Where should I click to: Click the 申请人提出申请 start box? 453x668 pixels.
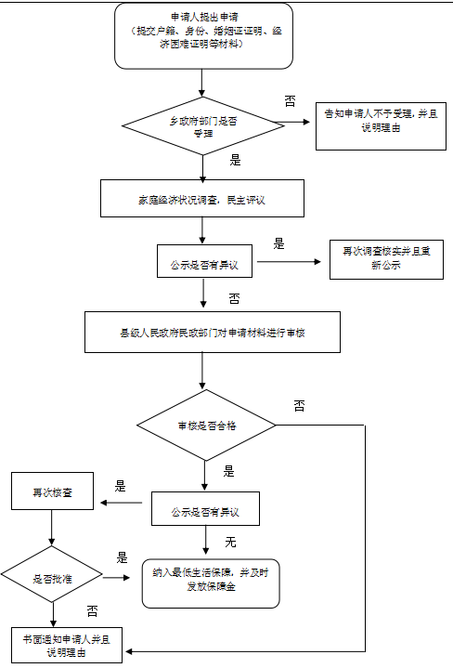coord(203,36)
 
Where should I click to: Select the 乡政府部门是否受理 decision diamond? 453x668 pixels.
coord(203,123)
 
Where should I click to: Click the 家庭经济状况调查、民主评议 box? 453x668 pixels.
coord(202,198)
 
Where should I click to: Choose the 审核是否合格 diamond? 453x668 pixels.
coord(206,426)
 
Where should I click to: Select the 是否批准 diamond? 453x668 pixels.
coord(51,578)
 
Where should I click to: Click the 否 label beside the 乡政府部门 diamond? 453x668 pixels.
coord(290,99)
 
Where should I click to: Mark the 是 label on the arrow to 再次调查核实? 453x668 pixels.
coord(278,244)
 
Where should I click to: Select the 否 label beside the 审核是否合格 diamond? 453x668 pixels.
coord(299,406)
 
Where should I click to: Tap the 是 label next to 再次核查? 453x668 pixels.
coord(120,486)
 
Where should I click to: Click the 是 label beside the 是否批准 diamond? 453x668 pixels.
coord(122,558)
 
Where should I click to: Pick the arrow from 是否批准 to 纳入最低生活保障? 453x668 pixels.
coord(116,578)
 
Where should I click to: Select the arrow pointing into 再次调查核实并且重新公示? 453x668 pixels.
coord(293,261)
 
